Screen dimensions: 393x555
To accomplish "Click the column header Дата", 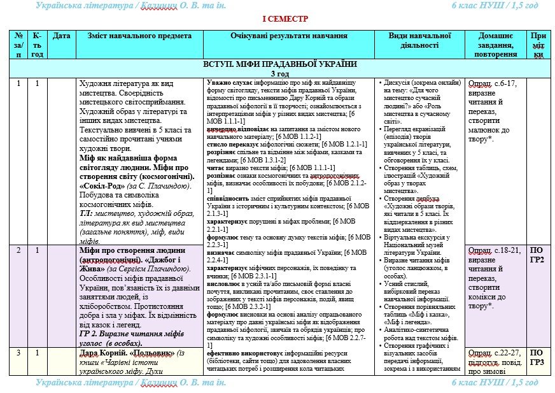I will pos(61,36).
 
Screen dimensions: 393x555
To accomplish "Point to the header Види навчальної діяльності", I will pos(419,41).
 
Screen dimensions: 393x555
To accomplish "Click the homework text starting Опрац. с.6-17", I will pos(495,83).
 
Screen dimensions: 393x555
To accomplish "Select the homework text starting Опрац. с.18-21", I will pos(495,250).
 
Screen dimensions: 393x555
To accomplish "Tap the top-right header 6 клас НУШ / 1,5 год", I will pos(495,5).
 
